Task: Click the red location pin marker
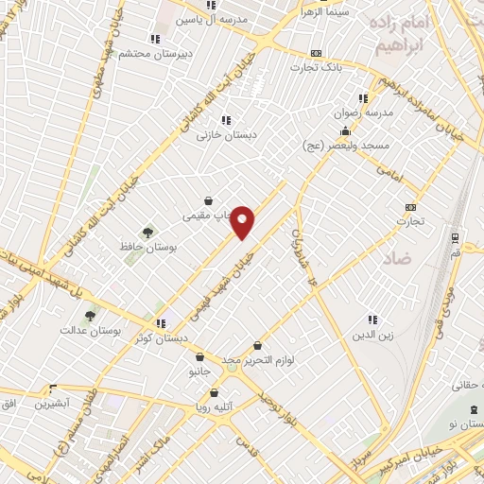pyautogui.click(x=243, y=221)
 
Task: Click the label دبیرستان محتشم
pyautogui.click(x=157, y=54)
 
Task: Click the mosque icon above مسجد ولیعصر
pyautogui.click(x=346, y=130)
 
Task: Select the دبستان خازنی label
pyautogui.click(x=227, y=135)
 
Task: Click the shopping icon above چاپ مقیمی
pyautogui.click(x=208, y=200)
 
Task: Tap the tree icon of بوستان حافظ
pyautogui.click(x=147, y=232)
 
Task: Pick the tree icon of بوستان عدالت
pyautogui.click(x=90, y=316)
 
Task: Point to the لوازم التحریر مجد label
pyautogui.click(x=259, y=360)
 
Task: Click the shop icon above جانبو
pyautogui.click(x=201, y=357)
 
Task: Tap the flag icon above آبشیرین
pyautogui.click(x=52, y=389)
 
